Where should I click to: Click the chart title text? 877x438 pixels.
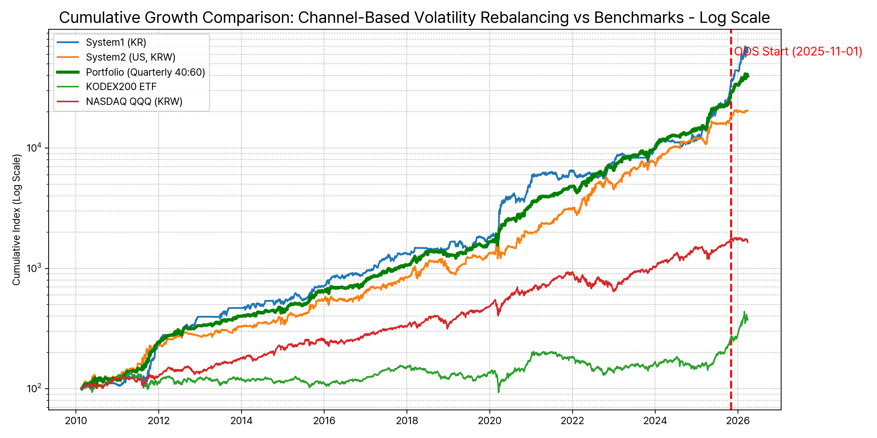[414, 18]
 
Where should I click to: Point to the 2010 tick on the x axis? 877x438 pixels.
[76, 421]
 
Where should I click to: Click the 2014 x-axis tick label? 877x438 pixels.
[241, 421]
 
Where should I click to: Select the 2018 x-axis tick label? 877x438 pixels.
[407, 421]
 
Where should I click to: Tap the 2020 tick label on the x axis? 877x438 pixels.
[490, 421]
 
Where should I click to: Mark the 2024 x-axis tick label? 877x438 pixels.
[655, 421]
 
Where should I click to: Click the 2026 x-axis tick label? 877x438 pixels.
[738, 421]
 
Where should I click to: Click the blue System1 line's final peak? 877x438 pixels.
[745, 46]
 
